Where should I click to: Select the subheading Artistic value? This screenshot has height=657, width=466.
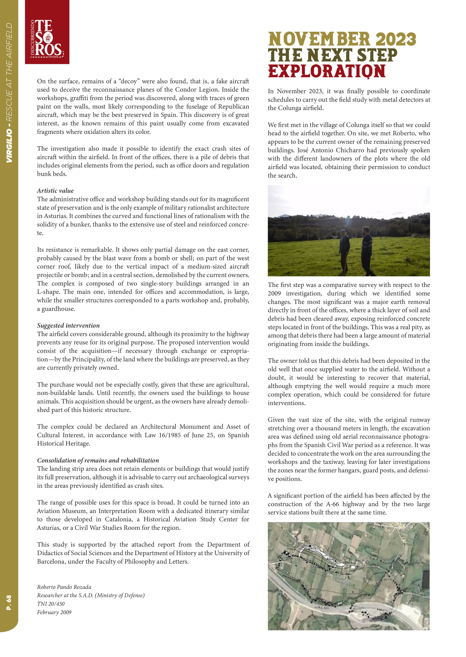[x=55, y=191]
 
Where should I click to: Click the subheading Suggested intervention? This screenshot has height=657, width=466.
[x=68, y=326]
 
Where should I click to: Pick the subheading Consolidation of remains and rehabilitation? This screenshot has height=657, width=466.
[x=98, y=460]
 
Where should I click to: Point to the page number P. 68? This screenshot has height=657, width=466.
[x=9, y=602]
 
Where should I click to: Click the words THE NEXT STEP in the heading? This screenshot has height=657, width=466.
[x=333, y=55]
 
